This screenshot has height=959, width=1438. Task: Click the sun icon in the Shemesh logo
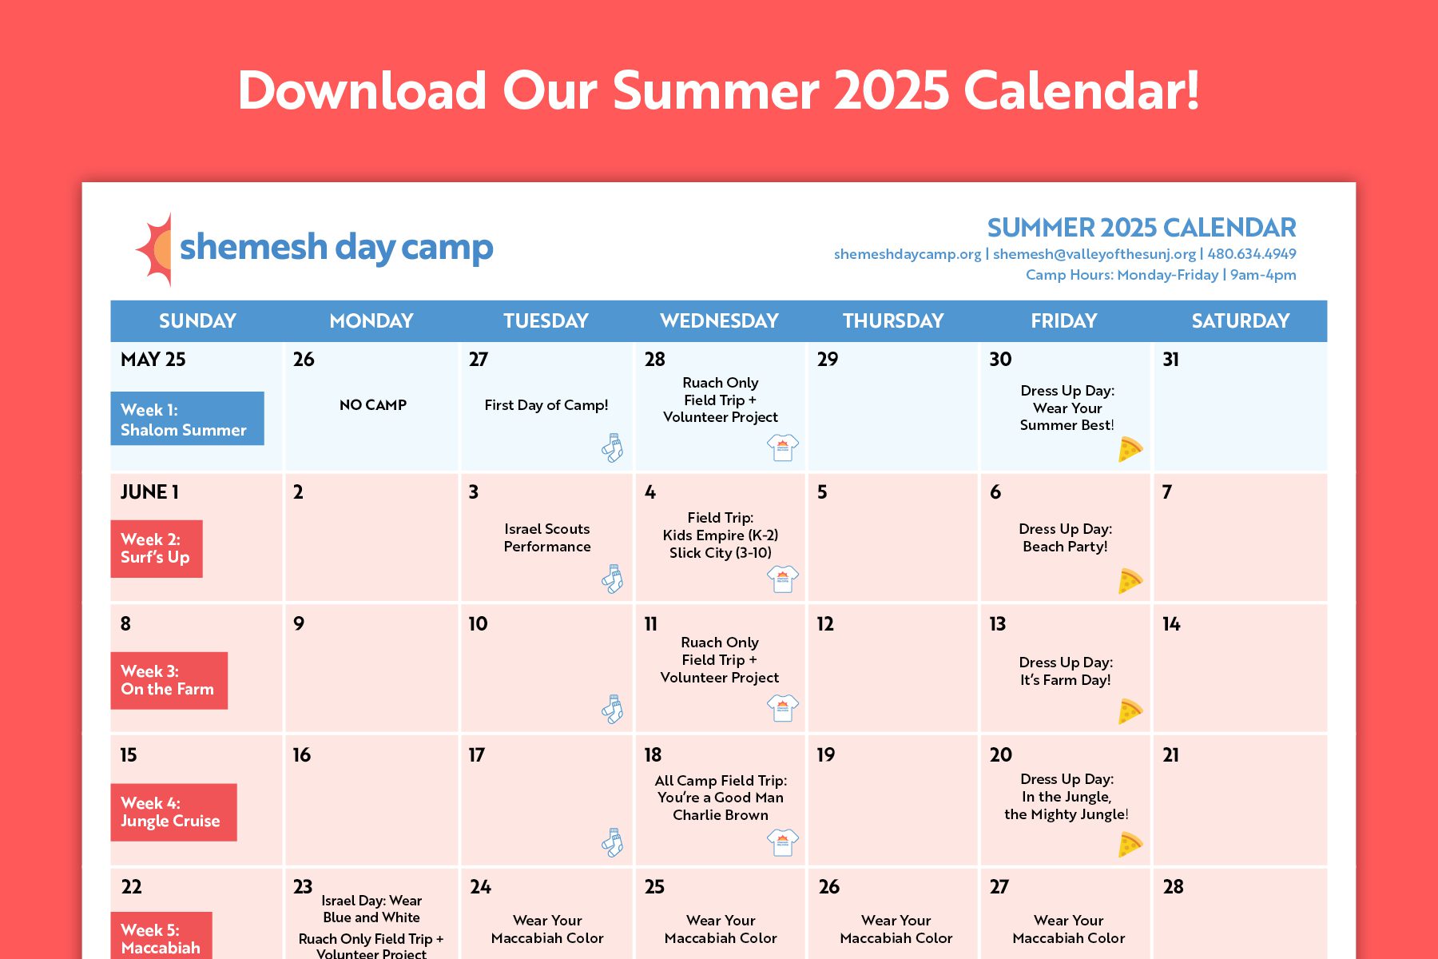pyautogui.click(x=155, y=249)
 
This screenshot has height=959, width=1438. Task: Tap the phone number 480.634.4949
pyautogui.click(x=1252, y=254)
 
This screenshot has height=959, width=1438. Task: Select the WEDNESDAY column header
pyautogui.click(x=719, y=321)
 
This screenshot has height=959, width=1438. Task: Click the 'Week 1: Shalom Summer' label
pyautogui.click(x=187, y=419)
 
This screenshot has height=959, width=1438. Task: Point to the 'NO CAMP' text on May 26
pyautogui.click(x=373, y=405)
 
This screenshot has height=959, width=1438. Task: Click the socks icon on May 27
pyautogui.click(x=613, y=448)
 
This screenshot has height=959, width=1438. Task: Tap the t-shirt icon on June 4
pyautogui.click(x=783, y=579)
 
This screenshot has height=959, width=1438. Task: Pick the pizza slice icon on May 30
pyautogui.click(x=1130, y=449)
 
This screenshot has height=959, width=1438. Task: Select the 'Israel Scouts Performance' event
pyautogui.click(x=547, y=538)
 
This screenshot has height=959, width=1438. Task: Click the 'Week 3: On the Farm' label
pyautogui.click(x=169, y=680)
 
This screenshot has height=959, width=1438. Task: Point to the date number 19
pyautogui.click(x=826, y=755)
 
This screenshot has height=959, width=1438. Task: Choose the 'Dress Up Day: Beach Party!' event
pyautogui.click(x=1066, y=538)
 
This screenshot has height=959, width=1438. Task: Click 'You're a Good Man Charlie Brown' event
pyautogui.click(x=721, y=806)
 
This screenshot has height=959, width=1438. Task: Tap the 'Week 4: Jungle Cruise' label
pyautogui.click(x=173, y=812)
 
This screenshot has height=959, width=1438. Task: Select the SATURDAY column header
pyautogui.click(x=1241, y=321)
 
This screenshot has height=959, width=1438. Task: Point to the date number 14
pyautogui.click(x=1171, y=624)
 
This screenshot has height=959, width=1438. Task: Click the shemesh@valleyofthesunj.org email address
pyautogui.click(x=1094, y=254)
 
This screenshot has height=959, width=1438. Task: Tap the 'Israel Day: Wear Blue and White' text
pyautogui.click(x=371, y=909)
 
